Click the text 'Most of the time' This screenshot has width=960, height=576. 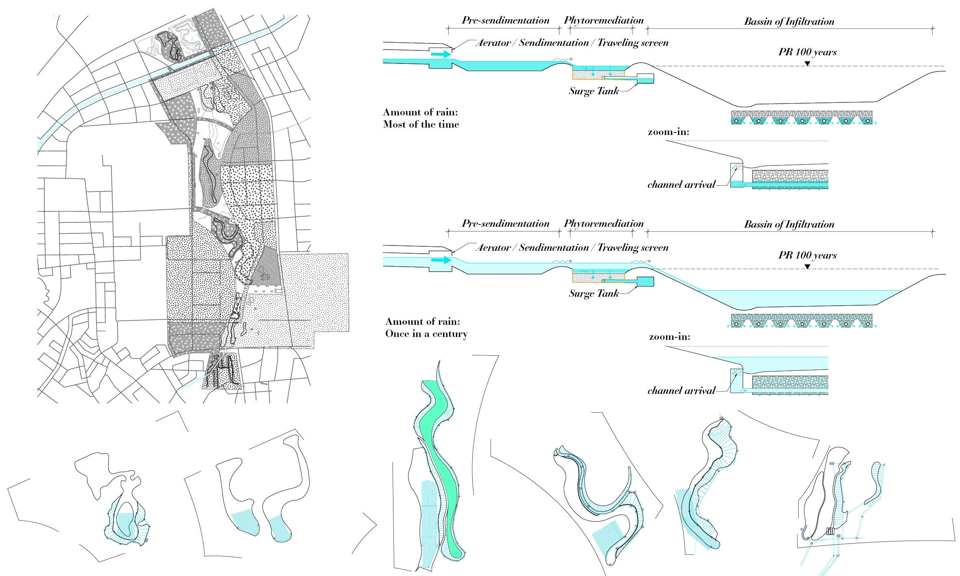[x=421, y=124]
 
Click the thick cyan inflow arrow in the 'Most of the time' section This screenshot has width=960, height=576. [x=441, y=54]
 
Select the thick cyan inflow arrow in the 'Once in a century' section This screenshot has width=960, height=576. [x=441, y=260]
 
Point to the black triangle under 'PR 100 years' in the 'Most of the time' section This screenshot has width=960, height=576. [x=807, y=63]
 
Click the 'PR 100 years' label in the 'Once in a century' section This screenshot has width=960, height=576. [x=807, y=255]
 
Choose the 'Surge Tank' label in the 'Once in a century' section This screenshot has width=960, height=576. [x=593, y=293]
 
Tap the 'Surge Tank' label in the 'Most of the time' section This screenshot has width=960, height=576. [x=593, y=91]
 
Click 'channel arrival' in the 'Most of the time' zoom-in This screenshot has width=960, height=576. [x=681, y=185]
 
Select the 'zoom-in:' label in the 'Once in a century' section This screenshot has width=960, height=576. [x=669, y=337]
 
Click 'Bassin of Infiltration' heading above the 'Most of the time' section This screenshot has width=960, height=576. [x=789, y=22]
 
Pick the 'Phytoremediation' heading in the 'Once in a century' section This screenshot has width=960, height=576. [x=604, y=224]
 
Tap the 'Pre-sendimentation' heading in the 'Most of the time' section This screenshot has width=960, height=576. [x=505, y=20]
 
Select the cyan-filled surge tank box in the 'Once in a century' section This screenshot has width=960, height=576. [x=645, y=281]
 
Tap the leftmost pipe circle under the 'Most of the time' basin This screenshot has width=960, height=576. [x=736, y=121]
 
